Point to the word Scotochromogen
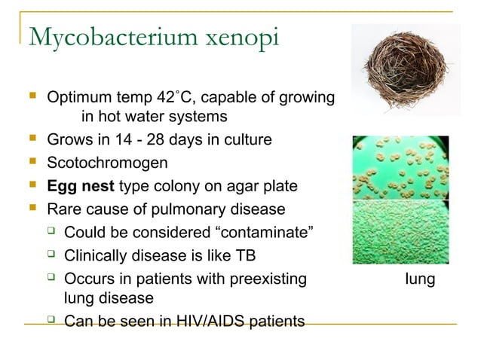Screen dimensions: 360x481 point(107,163)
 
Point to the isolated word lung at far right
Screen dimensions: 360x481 point(419,279)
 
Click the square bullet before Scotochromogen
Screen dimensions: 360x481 point(32,162)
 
